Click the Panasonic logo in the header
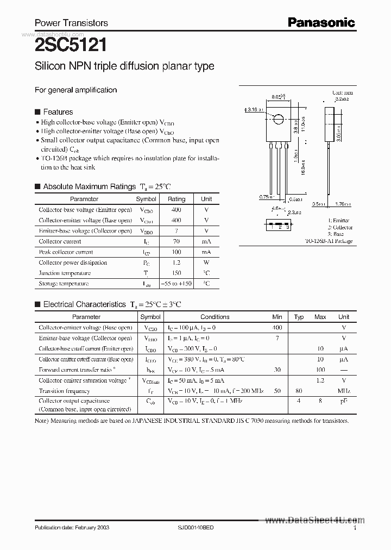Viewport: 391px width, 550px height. tap(321, 22)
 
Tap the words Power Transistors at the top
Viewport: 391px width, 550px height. tap(71, 23)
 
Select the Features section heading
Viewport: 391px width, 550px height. tap(58, 112)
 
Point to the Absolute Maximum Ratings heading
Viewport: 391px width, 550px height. tap(89, 186)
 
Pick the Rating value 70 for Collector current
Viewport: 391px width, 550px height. tap(176, 241)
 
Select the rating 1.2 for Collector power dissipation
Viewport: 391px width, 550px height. tap(176, 262)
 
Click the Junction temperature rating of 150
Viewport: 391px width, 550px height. tap(176, 273)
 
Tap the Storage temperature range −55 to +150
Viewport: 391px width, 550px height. tap(176, 284)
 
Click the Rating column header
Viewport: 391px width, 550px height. tap(176, 199)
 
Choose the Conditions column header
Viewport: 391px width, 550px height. tap(215, 317)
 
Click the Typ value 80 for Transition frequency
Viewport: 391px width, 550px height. tap(299, 391)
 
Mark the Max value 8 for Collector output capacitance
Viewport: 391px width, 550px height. tap(320, 401)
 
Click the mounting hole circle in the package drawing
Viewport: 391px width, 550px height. tap(278, 119)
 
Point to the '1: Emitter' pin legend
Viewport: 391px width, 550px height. tap(339, 221)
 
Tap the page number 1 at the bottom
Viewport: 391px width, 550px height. tap(355, 528)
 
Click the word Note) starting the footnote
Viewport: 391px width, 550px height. tap(42, 421)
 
